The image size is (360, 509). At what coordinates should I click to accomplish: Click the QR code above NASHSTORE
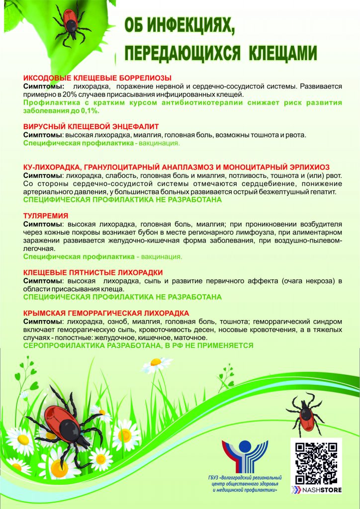pyautogui.click(x=316, y=462)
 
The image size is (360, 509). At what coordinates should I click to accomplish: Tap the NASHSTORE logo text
pyautogui.click(x=319, y=489)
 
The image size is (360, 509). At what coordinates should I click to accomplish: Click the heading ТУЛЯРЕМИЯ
pyautogui.click(x=46, y=216)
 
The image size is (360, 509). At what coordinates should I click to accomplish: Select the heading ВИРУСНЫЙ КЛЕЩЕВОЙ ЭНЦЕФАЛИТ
pyautogui.click(x=91, y=127)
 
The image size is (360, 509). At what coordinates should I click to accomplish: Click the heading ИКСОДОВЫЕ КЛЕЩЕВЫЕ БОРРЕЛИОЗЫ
pyautogui.click(x=97, y=78)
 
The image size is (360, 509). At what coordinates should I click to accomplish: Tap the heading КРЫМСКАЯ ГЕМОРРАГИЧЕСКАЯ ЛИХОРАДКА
pyautogui.click(x=106, y=313)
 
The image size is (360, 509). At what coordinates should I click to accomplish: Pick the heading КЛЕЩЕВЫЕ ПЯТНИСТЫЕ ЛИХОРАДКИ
pyautogui.click(x=93, y=272)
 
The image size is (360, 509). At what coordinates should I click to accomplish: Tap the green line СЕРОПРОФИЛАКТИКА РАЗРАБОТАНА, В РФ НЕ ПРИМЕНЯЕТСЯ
pyautogui.click(x=139, y=345)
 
